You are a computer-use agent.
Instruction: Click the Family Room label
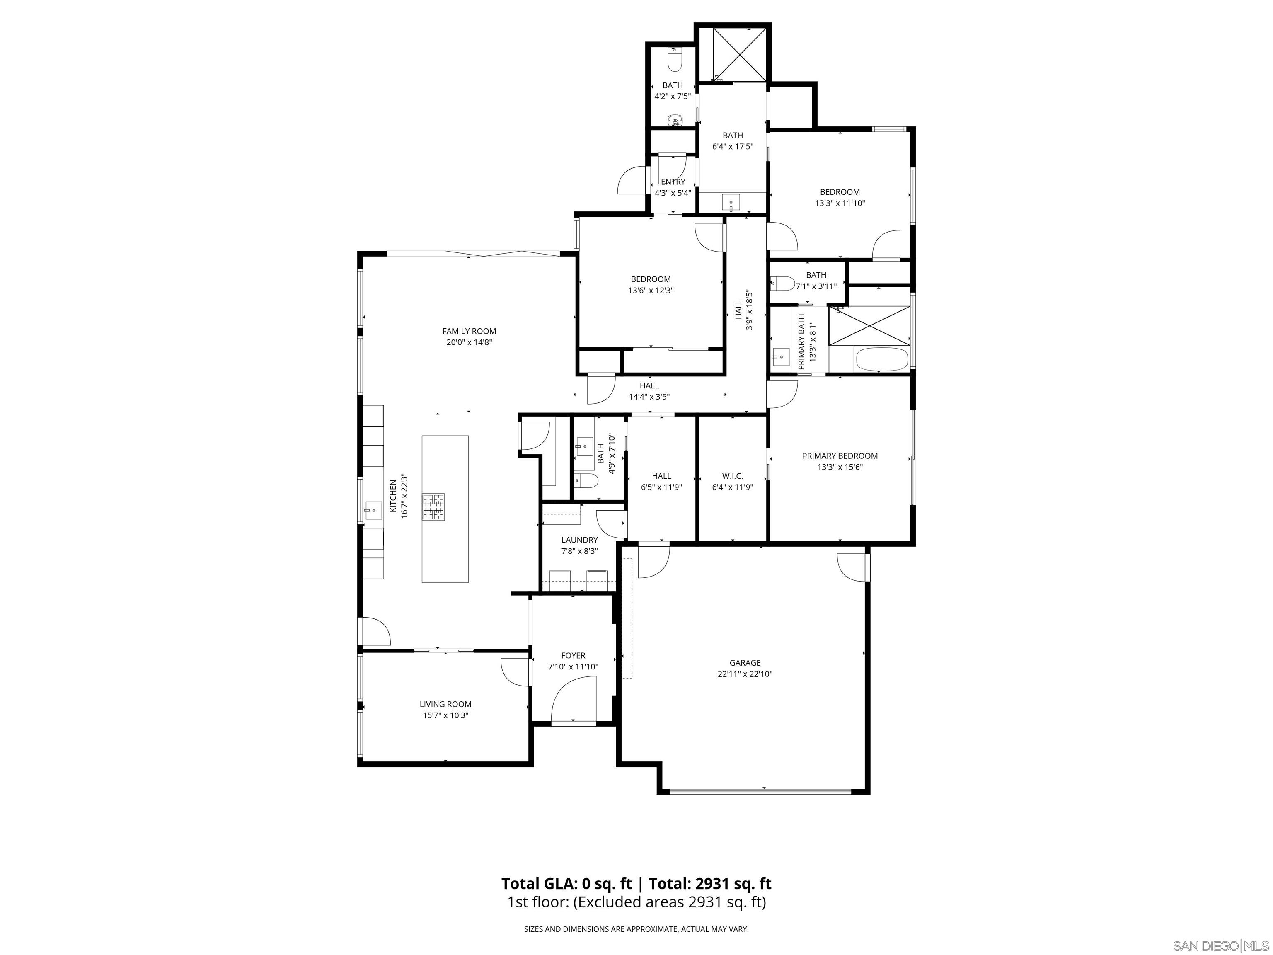[469, 331]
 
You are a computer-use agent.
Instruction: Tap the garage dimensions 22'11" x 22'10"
[745, 674]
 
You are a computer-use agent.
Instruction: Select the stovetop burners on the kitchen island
[434, 507]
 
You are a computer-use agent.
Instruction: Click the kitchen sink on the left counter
[373, 510]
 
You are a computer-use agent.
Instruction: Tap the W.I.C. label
[732, 476]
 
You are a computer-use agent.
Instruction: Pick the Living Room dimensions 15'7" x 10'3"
[445, 715]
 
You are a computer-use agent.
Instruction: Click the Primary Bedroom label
[840, 456]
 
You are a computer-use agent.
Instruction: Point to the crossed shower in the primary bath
[869, 326]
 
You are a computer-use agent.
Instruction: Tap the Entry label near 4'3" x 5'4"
[673, 182]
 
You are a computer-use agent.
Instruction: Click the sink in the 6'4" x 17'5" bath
[731, 202]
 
